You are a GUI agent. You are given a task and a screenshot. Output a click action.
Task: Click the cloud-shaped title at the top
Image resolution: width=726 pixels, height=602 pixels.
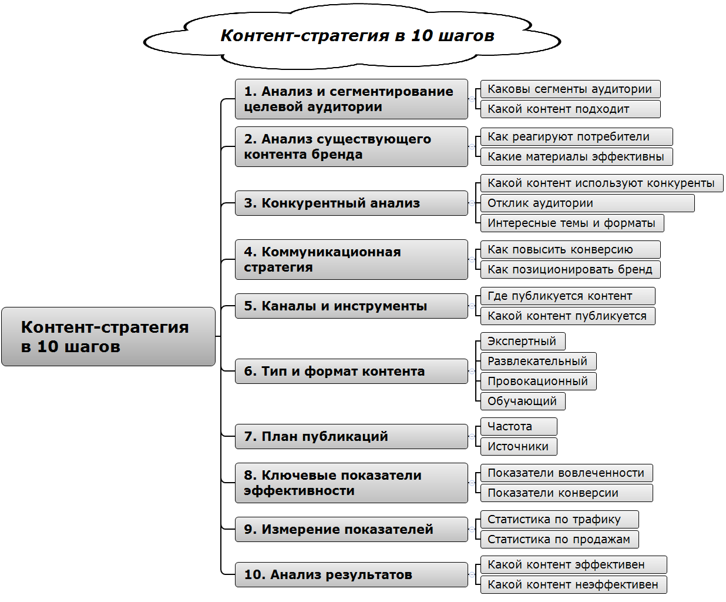pos(357,36)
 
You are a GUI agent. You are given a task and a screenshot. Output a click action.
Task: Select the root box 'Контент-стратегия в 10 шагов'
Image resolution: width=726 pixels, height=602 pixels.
pos(109,336)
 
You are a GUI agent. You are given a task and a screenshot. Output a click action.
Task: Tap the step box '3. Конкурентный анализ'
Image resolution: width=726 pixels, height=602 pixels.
pos(351,203)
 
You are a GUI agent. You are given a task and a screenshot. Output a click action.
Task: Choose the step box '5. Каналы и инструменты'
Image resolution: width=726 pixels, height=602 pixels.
pos(351,306)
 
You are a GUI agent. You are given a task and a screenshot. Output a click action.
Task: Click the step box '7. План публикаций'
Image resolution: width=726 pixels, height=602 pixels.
pos(351,436)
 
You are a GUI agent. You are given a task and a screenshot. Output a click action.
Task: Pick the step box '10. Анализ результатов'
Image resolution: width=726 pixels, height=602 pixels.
pos(351,574)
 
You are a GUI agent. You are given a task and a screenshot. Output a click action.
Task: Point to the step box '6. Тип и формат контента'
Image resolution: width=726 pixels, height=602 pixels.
pos(351,371)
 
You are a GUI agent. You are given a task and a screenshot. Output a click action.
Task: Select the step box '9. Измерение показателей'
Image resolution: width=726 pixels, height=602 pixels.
pos(351,529)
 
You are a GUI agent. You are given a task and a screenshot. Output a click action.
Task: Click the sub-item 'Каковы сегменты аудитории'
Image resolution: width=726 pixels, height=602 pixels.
pos(570,89)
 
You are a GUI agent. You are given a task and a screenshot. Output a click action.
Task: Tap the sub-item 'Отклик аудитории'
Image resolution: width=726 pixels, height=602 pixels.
pos(587,203)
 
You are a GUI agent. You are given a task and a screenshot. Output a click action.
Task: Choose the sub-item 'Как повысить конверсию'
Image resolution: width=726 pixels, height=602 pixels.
pos(570,249)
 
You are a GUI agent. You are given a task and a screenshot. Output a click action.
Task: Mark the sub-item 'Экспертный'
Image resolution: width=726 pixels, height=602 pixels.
pos(522,341)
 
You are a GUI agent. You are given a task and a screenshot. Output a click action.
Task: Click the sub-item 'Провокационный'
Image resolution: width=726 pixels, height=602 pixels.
pos(538,381)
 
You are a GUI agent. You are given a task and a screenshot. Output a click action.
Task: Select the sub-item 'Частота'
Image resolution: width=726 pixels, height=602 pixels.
pos(518,426)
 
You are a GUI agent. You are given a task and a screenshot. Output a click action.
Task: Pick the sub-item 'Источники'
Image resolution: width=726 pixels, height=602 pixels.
pos(518,446)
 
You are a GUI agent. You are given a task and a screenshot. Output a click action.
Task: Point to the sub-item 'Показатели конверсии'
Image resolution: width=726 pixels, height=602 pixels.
pos(566,493)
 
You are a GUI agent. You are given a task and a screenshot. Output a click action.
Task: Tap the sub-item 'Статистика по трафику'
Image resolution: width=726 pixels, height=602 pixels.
pos(559,519)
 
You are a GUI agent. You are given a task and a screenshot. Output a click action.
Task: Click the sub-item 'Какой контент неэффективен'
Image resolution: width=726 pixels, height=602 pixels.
pos(573,584)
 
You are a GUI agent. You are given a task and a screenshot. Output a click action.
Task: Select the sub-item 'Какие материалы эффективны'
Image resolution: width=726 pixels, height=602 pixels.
pos(576,156)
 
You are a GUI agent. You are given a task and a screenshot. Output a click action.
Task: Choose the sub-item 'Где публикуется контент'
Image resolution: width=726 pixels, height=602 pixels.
pos(567,296)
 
